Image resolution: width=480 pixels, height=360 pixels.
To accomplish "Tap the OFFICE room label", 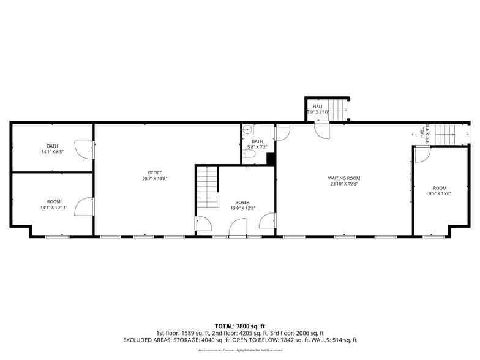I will [146, 173].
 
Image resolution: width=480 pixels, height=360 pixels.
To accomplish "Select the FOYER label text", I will [243, 202].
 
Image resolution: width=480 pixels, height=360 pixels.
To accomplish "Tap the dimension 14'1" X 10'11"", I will [54, 208].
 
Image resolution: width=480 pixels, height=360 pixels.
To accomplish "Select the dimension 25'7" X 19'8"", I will [146, 179].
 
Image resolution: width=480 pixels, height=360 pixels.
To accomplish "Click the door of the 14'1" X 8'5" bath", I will [83, 149].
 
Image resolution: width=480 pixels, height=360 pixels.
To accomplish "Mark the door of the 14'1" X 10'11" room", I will [84, 207].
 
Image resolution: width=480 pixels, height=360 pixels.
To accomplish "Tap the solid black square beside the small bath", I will [271, 159].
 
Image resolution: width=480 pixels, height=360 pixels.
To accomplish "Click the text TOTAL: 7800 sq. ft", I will [239, 326].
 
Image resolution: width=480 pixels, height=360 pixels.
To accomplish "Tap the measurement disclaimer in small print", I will [239, 350].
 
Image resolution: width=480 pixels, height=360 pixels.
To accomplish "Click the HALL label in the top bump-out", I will [318, 107].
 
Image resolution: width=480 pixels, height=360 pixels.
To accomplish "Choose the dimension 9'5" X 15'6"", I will [440, 194].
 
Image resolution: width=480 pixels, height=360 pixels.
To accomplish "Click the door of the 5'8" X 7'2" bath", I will [282, 133].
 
